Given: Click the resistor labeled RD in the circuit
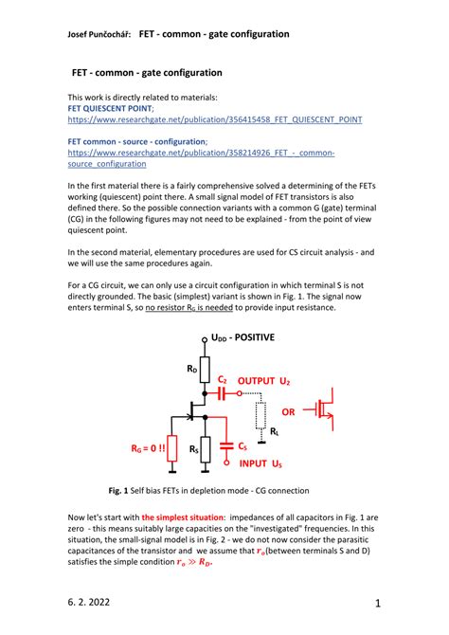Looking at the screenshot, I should [204, 367].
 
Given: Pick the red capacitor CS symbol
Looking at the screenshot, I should [225, 444].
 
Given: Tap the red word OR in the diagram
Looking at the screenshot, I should [289, 412].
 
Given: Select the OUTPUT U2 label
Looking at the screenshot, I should [263, 380].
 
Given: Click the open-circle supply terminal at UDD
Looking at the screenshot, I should [204, 341].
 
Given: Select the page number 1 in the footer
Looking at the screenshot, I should [376, 603].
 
